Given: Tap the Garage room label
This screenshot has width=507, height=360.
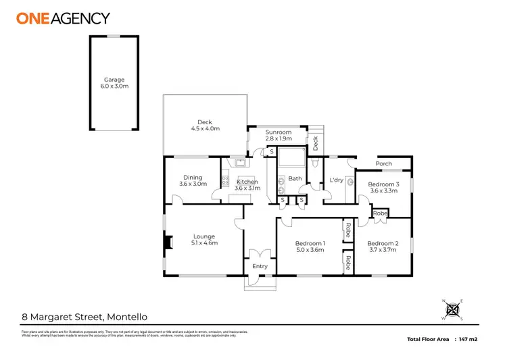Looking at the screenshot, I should coord(114,84).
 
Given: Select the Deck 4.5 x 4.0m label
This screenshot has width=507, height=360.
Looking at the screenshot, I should coord(205,126).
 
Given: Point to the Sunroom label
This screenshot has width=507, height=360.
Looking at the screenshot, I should coord(278,135).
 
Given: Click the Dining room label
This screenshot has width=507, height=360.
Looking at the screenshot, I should coord(193,180).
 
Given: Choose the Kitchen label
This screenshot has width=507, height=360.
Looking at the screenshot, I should coord(247,184).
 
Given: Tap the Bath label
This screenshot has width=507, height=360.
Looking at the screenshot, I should coord(295,178).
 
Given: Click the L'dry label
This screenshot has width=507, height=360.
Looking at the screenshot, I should coord(336,180).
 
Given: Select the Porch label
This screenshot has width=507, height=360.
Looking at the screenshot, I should coord(383,163).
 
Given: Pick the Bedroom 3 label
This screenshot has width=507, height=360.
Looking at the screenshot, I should coord(384,188).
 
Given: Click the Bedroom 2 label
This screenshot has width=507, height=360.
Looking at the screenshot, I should coord(383,247).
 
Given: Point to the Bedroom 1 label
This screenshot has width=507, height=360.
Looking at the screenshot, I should coord(310,247).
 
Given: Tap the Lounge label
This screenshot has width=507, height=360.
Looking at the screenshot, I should coord(203,240).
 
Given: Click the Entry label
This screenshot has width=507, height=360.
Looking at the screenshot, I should coord(260,266).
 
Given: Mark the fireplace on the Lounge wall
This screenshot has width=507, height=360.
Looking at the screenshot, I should coord(167,242).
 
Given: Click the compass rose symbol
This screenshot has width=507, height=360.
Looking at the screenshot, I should coord(453,309).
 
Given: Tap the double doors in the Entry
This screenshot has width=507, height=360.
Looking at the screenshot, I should coord(260,255).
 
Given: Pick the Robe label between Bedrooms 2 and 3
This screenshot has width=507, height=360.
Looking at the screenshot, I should coord(381,213).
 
